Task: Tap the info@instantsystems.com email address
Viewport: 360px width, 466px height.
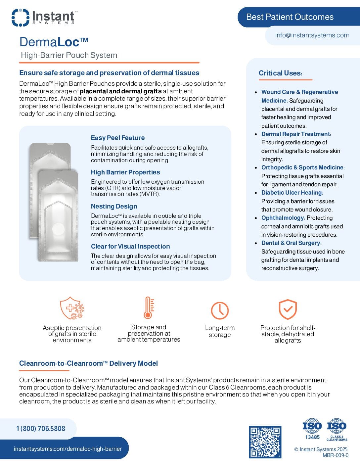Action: tap(312, 35)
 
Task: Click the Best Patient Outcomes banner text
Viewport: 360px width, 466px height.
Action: tap(290, 17)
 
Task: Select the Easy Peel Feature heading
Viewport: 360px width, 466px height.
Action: tap(118, 138)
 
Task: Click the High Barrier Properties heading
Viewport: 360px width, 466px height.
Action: tap(125, 172)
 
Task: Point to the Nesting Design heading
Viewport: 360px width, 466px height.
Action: tap(114, 207)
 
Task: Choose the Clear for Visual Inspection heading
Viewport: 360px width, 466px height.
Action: tap(130, 247)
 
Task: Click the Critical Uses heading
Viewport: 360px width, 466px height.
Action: tap(280, 73)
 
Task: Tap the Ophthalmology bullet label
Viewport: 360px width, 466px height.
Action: tap(283, 218)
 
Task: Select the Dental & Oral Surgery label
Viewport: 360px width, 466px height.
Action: tap(291, 243)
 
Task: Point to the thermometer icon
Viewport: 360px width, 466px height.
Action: tap(149, 308)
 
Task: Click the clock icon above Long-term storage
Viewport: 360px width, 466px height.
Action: tap(220, 310)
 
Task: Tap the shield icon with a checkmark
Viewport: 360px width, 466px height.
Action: tap(288, 309)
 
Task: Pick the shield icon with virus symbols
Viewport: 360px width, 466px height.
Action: tap(72, 308)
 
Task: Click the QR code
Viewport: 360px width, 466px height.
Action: tap(265, 442)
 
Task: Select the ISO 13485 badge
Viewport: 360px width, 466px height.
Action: tap(312, 429)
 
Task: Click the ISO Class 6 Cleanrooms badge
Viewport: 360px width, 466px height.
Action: tap(337, 429)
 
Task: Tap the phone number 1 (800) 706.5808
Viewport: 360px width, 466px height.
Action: tap(41, 429)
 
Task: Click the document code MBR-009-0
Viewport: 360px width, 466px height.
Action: tap(335, 455)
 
